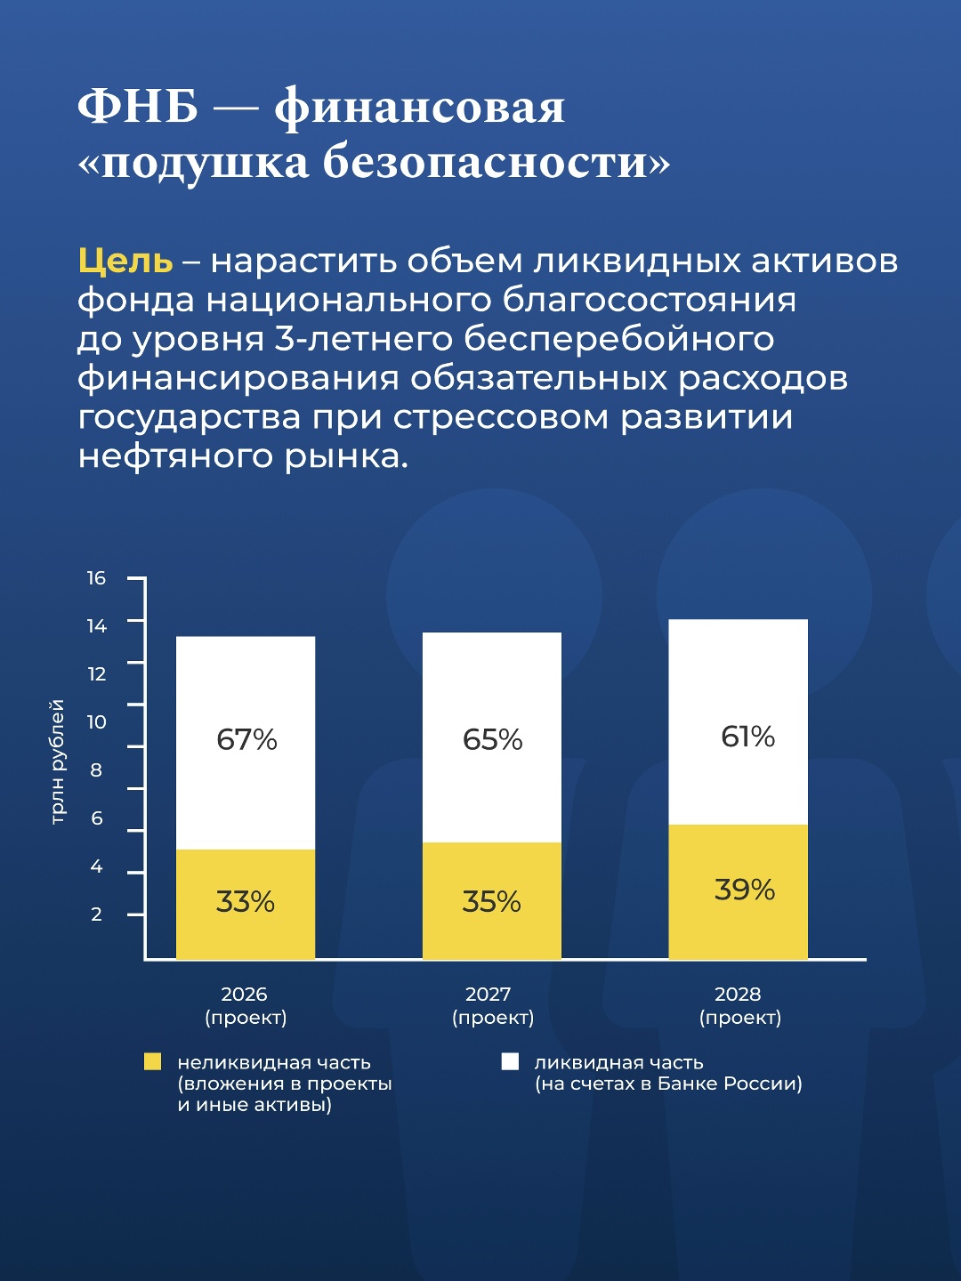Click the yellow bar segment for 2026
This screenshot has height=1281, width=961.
pos(246,904)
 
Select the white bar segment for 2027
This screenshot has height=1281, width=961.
pos(491,737)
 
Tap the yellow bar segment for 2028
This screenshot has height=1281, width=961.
pos(738,891)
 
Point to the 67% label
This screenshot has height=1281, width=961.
pos(246,739)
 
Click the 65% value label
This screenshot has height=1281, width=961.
pos(492,739)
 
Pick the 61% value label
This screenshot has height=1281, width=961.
pos(747,737)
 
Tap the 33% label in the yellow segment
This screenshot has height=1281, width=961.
pos(246,902)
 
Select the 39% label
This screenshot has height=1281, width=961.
pos(745,890)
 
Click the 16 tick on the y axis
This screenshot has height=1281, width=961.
pos(96,578)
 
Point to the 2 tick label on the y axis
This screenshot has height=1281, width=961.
pos(96,914)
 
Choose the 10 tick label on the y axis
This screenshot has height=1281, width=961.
pos(96,722)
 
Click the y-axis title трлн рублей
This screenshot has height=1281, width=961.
pos(58,761)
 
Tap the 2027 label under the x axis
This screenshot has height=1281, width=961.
pos(489,995)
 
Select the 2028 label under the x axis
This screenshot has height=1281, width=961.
pos(738,995)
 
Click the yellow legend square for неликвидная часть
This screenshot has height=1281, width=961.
pos(153,1061)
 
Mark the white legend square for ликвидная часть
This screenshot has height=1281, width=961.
pos(510,1061)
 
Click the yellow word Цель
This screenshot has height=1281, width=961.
pos(125,261)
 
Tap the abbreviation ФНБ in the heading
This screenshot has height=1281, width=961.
pos(138,108)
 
